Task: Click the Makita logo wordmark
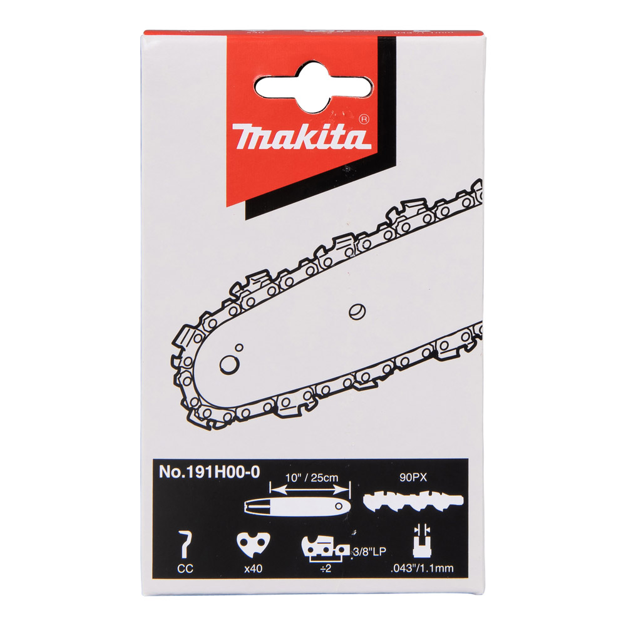pyautogui.click(x=301, y=135)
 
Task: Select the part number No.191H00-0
pyautogui.click(x=208, y=473)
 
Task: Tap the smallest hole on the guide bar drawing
pyautogui.click(x=239, y=347)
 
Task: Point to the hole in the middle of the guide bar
pyautogui.click(x=357, y=308)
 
